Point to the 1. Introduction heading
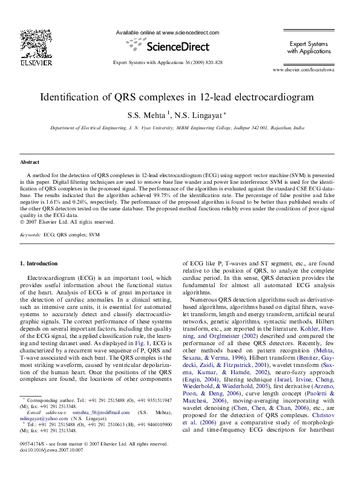(39, 264)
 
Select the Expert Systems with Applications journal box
(309, 48)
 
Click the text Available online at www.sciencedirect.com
(167, 33)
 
